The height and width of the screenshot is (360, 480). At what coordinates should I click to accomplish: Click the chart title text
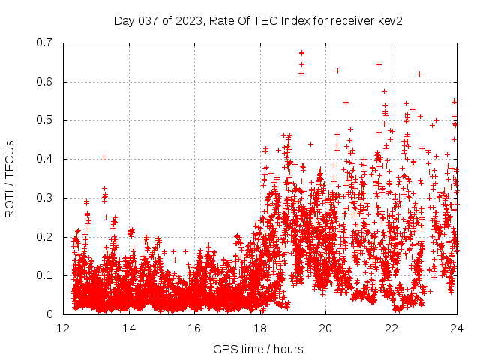pyautogui.click(x=259, y=21)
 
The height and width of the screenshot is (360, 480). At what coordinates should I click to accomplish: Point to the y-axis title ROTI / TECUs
pyautogui.click(x=10, y=178)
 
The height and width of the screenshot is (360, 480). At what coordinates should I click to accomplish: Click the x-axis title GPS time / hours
pyautogui.click(x=259, y=349)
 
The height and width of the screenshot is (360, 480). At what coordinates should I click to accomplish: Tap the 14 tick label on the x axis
pyautogui.click(x=129, y=328)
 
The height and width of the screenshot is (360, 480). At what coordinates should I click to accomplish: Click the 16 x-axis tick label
pyautogui.click(x=194, y=328)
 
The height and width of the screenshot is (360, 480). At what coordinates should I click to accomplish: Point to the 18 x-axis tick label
pyautogui.click(x=260, y=328)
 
